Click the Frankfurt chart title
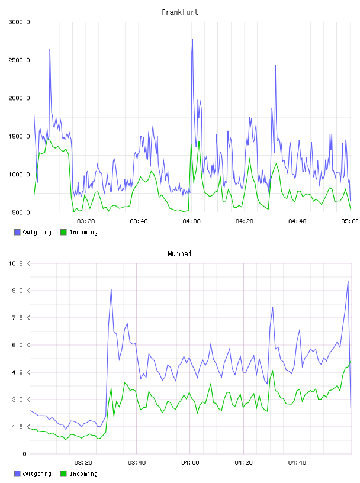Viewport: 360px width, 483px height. tap(180, 12)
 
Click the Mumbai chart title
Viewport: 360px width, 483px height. tap(179, 254)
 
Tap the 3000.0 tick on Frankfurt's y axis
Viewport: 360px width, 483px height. tap(19, 22)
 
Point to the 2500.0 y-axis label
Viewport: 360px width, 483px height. tap(19, 60)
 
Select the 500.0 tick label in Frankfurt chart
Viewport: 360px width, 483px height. tap(21, 212)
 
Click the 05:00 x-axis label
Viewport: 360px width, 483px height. tap(349, 221)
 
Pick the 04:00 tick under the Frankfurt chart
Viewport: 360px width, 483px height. tap(191, 221)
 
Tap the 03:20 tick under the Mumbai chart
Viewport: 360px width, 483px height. tap(83, 463)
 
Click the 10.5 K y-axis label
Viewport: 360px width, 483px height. tap(19, 263)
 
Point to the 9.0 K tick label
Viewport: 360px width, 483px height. tap(21, 291)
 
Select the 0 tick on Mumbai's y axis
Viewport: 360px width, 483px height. tap(25, 454)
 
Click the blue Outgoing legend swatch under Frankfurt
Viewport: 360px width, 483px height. tap(17, 232)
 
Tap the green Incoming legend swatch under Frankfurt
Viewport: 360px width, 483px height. tap(63, 232)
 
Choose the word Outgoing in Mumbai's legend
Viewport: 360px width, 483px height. tap(37, 474)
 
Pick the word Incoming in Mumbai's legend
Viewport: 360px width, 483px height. tap(83, 474)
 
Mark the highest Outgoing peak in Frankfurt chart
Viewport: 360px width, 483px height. tap(192, 40)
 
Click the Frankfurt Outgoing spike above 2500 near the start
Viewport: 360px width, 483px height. tap(50, 49)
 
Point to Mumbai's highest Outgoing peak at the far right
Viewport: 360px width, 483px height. tap(348, 281)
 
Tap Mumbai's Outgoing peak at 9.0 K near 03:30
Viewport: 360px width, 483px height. tap(111, 289)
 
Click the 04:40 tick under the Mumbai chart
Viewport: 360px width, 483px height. tap(297, 463)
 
